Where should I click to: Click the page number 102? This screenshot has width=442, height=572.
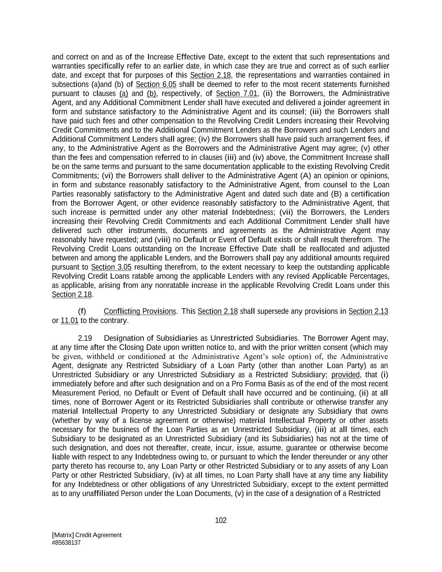pyautogui.click(x=220, y=520)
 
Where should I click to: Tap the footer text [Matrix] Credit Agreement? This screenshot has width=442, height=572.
pyautogui.click(x=87, y=535)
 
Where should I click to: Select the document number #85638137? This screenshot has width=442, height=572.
pyautogui.click(x=66, y=543)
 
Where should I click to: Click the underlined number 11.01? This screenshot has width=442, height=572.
pyautogui.click(x=70, y=321)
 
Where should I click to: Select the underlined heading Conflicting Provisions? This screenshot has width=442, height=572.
pyautogui.click(x=140, y=311)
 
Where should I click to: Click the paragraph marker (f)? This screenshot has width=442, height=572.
pyautogui.click(x=82, y=311)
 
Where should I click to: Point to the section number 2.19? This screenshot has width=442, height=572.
pyautogui.click(x=85, y=338)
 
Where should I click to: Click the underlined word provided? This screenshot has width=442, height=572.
pyautogui.click(x=345, y=375)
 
